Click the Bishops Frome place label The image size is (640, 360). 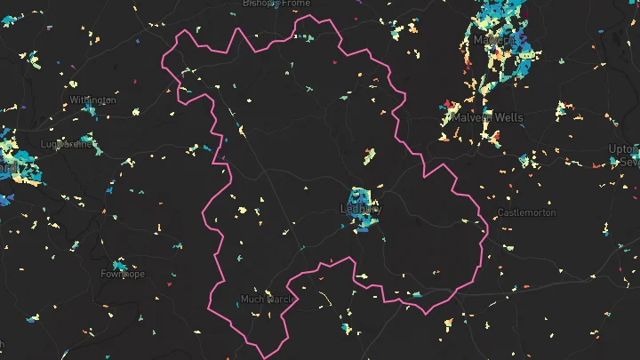coord(277,4)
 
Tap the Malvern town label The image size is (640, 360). coord(494,41)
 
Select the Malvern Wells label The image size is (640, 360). coord(487,117)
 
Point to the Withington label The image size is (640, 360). coord(92,100)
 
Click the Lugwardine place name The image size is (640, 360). coord(68,143)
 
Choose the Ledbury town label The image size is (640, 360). coord(360,210)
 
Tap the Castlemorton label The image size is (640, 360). coord(526,213)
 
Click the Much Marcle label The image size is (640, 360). coord(267,299)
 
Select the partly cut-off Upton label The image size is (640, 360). coord(622,148)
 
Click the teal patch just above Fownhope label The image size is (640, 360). coord(118,265)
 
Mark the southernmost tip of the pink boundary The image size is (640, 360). coord(267,357)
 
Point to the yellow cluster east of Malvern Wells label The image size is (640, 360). coord(561,111)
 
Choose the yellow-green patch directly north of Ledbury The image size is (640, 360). coord(368,156)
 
